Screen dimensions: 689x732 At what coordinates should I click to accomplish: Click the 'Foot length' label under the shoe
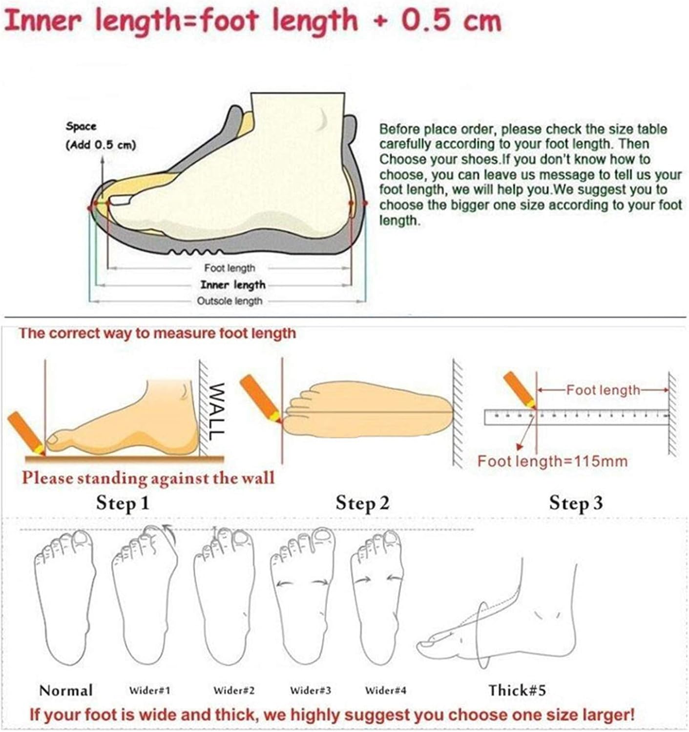[230, 268]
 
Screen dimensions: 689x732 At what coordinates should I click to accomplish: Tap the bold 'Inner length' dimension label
[233, 285]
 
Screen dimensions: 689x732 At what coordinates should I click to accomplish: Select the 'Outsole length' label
[230, 301]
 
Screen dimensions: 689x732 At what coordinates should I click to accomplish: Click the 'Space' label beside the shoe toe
[81, 126]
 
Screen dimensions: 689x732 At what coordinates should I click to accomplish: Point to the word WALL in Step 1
[216, 411]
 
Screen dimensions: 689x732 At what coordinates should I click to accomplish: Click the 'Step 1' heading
[123, 503]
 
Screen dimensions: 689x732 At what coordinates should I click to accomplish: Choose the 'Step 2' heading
[362, 503]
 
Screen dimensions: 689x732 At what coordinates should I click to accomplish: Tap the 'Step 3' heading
[576, 503]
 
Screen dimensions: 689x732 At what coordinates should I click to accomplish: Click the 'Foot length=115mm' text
[553, 461]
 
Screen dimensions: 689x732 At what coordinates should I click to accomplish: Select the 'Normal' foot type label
[66, 691]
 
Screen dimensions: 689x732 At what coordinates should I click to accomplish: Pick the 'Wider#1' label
[150, 691]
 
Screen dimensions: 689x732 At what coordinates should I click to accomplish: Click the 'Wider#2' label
[234, 691]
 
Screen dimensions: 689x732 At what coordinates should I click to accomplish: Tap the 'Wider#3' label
[311, 691]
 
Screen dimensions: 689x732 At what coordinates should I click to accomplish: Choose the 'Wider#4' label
[385, 691]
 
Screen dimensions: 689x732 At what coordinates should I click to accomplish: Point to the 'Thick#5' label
[517, 690]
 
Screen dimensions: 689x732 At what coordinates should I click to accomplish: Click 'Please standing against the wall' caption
[148, 478]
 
